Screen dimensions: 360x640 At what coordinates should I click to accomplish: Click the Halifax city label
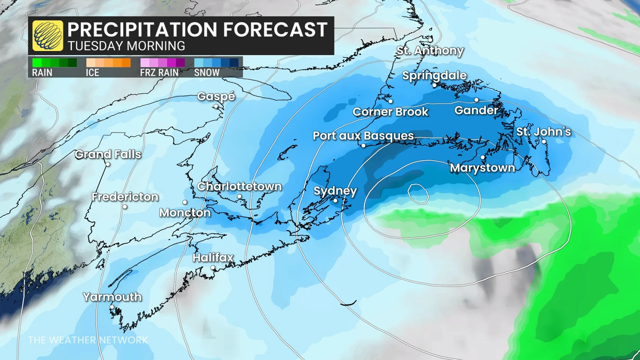click(213, 258)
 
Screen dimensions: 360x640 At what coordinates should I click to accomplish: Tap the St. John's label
click(543, 132)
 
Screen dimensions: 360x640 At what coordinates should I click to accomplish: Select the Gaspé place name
click(216, 97)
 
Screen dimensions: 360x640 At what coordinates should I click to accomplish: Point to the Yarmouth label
click(112, 297)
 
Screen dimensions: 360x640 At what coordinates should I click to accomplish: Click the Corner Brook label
click(390, 112)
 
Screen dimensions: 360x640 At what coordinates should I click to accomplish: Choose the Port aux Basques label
click(363, 136)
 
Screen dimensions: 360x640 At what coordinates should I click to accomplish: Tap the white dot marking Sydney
click(335, 201)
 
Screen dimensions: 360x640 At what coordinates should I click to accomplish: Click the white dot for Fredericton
click(125, 207)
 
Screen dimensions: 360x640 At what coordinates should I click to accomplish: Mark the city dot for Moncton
click(185, 202)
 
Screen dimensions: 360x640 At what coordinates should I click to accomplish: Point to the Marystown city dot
click(483, 157)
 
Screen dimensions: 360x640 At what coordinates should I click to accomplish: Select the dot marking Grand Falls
click(108, 164)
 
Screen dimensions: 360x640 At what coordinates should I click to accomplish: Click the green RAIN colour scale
click(54, 63)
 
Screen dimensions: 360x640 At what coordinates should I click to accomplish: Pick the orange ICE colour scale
click(108, 63)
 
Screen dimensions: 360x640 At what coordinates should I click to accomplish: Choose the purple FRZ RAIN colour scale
click(162, 63)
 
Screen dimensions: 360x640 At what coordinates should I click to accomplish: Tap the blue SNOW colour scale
click(216, 63)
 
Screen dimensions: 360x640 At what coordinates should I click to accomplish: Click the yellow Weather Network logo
click(47, 36)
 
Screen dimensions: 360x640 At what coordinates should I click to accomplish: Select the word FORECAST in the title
click(275, 29)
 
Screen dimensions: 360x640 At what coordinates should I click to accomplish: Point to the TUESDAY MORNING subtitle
click(126, 46)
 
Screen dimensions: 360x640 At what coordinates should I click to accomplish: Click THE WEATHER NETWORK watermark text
click(88, 340)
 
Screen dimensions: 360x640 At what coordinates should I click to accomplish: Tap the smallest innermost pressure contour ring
click(418, 194)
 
